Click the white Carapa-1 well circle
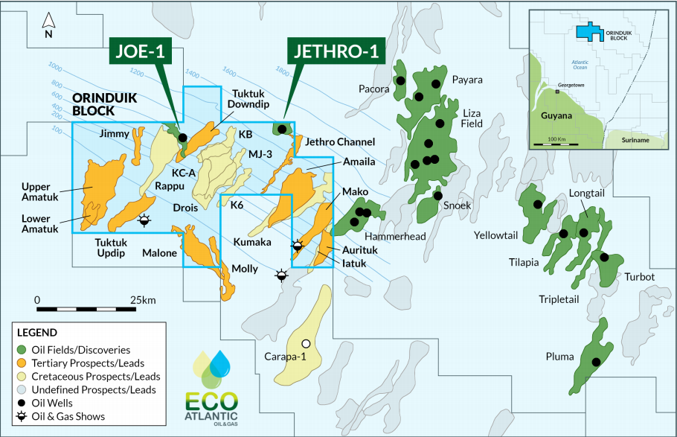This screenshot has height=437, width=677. pyautogui.click(x=305, y=343)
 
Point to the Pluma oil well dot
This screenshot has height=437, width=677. pyautogui.click(x=595, y=362)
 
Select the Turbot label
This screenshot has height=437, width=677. pyautogui.click(x=639, y=277)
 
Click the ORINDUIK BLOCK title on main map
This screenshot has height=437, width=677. pyautogui.click(x=94, y=104)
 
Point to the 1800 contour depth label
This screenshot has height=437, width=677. pyautogui.click(x=282, y=71)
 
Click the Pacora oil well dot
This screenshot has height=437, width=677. pyautogui.click(x=400, y=80)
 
